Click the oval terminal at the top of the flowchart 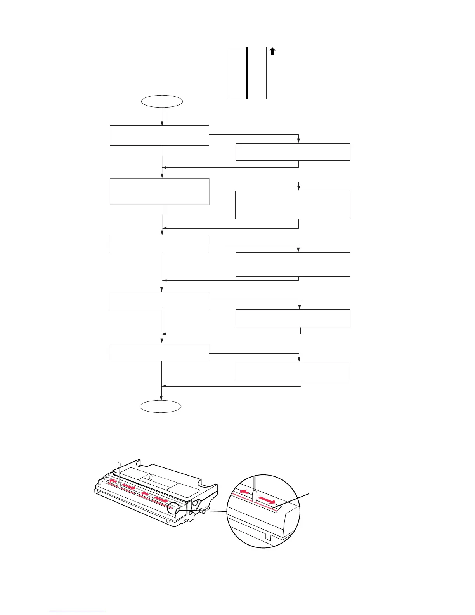point(162,101)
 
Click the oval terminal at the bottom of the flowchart point(160,407)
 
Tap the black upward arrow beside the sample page point(272,51)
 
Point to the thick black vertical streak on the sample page point(247,73)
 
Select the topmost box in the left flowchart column point(159,136)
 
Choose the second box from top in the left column point(159,191)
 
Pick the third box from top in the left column point(159,243)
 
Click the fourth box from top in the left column point(159,301)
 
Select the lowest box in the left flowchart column point(159,352)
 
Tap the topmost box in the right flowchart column point(293,152)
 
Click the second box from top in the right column point(292,205)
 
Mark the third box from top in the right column point(293,264)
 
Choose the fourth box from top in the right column point(293,318)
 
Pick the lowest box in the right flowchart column point(293,370)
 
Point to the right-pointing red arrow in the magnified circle point(268,500)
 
